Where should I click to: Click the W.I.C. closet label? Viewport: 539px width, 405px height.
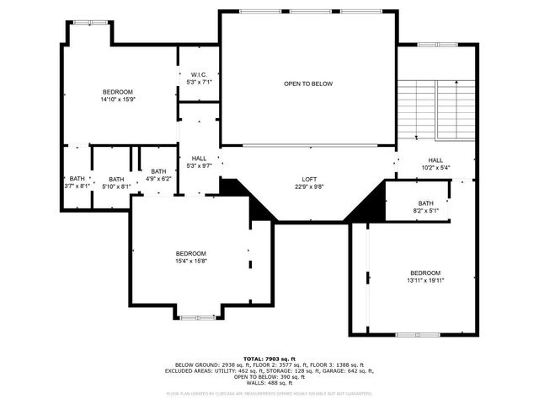click(x=199, y=75)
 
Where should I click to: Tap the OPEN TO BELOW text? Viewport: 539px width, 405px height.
click(x=307, y=84)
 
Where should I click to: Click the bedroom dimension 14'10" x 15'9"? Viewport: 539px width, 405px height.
click(x=118, y=99)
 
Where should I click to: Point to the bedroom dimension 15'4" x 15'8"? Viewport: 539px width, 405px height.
click(x=190, y=261)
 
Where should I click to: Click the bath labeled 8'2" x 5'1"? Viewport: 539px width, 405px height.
click(x=425, y=208)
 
